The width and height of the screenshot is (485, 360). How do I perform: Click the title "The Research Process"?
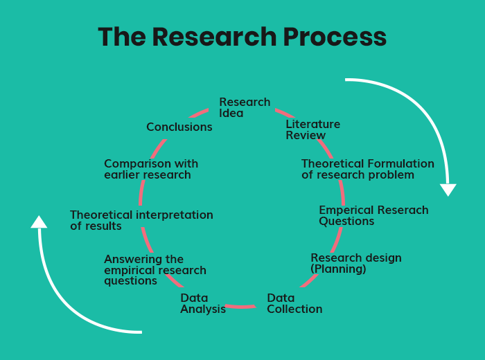coord(242,37)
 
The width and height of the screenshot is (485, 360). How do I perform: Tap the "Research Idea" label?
coord(245,107)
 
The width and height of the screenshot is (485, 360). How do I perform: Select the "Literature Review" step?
coord(312,129)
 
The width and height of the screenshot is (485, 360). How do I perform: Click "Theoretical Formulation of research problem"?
coord(368,169)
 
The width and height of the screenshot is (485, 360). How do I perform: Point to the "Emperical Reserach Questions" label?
coord(373,215)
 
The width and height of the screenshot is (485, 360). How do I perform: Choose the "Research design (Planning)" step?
coord(356,263)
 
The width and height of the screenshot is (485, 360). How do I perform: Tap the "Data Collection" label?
coord(294,303)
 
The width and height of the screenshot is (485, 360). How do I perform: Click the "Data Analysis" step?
coord(203,303)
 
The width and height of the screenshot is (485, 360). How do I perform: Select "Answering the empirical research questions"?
coord(155,270)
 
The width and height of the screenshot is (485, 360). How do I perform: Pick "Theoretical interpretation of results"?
coord(141,220)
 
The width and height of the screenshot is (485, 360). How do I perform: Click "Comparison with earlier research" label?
coord(151,169)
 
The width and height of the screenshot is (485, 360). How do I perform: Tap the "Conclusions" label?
coord(179,127)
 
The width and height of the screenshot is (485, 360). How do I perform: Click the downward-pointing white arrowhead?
coord(448,190)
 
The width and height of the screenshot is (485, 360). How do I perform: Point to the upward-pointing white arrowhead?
coord(39,222)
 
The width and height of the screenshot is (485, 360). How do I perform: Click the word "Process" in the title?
coord(335,37)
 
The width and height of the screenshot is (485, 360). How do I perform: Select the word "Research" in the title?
coord(214,37)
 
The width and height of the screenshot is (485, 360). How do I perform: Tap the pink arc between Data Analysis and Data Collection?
coord(240,307)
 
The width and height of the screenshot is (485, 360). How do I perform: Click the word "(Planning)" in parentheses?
coord(338,269)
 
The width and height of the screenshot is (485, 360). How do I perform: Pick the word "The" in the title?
coord(122,37)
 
